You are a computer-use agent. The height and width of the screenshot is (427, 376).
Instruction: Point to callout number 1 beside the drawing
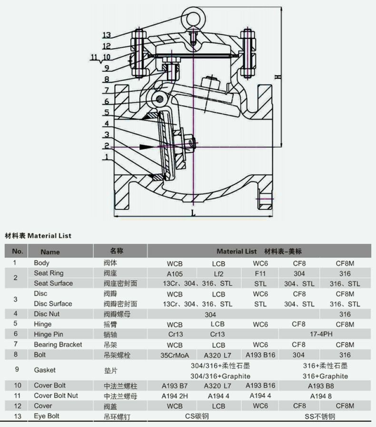click(x=107, y=156)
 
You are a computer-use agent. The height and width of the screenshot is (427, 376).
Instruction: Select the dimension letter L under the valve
click(x=193, y=213)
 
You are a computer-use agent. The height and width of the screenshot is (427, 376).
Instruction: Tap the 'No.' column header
click(x=17, y=251)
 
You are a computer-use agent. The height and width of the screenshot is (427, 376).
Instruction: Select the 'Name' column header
click(x=50, y=252)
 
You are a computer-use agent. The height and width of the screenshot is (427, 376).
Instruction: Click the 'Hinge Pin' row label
click(x=48, y=334)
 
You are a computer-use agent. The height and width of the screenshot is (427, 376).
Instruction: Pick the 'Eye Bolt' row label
click(x=46, y=416)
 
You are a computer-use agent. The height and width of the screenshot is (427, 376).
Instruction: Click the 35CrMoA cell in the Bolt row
click(x=175, y=355)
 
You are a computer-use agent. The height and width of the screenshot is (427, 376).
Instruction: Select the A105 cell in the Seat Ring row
click(x=175, y=274)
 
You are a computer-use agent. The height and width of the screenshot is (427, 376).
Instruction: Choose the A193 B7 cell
click(x=175, y=386)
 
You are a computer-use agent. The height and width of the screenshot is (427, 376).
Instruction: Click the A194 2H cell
click(x=175, y=396)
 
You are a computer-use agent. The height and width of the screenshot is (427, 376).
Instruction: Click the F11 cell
click(x=260, y=274)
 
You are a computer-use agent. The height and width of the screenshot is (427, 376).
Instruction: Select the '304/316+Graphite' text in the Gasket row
click(x=220, y=376)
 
